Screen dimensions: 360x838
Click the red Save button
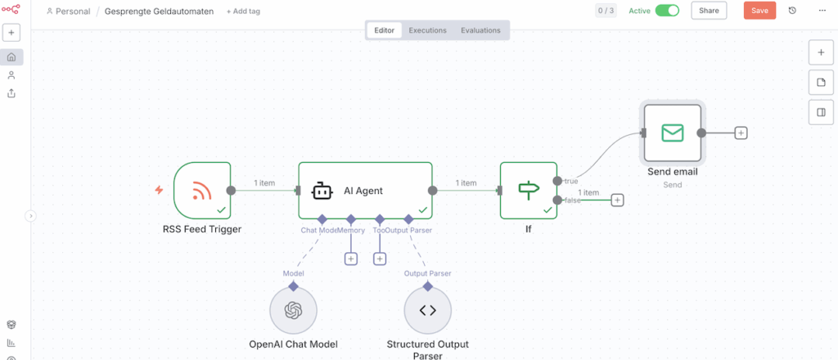pyautogui.click(x=759, y=11)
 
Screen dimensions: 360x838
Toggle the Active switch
pyautogui.click(x=667, y=11)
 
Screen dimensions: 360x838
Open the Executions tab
pyautogui.click(x=427, y=30)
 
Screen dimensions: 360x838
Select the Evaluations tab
pyautogui.click(x=480, y=30)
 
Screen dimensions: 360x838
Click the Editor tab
pyautogui.click(x=385, y=30)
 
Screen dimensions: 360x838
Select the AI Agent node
pyautogui.click(x=364, y=191)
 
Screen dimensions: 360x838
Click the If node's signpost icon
pyautogui.click(x=529, y=191)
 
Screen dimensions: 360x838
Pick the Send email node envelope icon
pyautogui.click(x=673, y=133)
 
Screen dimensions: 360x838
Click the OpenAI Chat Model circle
pyautogui.click(x=293, y=310)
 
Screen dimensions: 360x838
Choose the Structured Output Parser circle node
pyautogui.click(x=427, y=310)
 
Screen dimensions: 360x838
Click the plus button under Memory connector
pyautogui.click(x=350, y=259)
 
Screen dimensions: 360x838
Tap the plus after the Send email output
pyautogui.click(x=741, y=133)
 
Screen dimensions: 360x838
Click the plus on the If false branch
pyautogui.click(x=617, y=200)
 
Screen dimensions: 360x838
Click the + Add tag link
pyautogui.click(x=243, y=11)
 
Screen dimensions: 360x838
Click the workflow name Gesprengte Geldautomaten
pyautogui.click(x=160, y=11)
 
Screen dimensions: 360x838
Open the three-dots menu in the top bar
pyautogui.click(x=822, y=11)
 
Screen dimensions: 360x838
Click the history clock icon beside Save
pyautogui.click(x=792, y=11)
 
